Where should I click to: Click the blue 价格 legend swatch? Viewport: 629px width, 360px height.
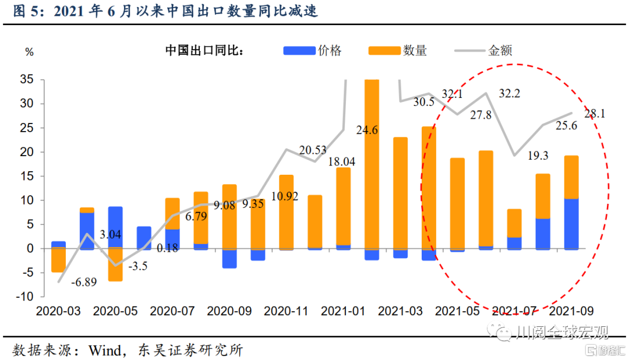pyautogui.click(x=299, y=51)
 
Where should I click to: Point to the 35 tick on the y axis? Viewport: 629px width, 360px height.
pyautogui.click(x=26, y=80)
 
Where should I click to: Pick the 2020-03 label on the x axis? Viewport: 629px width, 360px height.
pyautogui.click(x=58, y=312)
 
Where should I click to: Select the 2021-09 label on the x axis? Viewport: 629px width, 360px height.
pyautogui.click(x=572, y=312)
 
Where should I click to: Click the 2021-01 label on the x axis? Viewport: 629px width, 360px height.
pyautogui.click(x=344, y=312)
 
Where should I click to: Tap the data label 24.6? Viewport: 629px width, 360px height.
pyautogui.click(x=367, y=130)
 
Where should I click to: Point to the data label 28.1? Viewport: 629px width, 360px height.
pyautogui.click(x=595, y=114)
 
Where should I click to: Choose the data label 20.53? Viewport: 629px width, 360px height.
pyautogui.click(x=313, y=150)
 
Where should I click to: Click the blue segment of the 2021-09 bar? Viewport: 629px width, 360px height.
pyautogui.click(x=571, y=224)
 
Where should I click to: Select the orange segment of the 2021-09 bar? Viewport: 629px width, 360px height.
pyautogui.click(x=571, y=177)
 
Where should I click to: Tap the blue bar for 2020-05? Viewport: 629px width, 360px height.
pyautogui.click(x=115, y=227)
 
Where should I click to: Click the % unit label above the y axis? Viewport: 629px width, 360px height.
pyautogui.click(x=29, y=52)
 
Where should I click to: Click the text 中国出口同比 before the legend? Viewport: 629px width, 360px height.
pyautogui.click(x=204, y=51)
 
